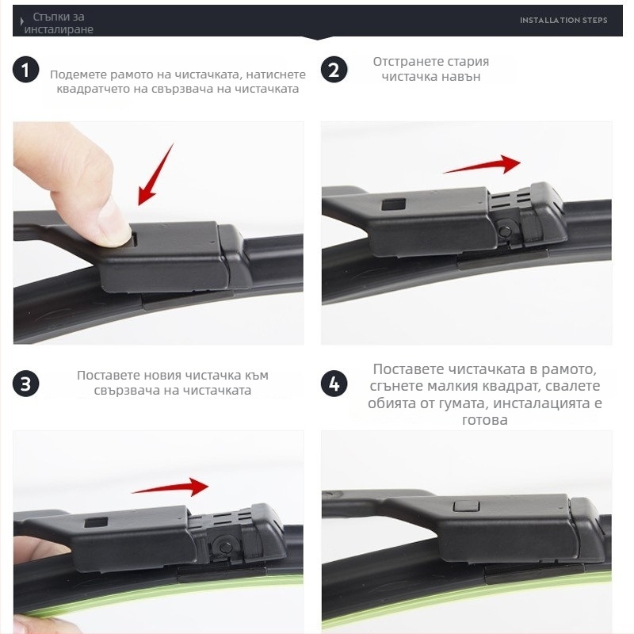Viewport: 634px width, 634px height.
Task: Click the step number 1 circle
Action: click(x=26, y=70)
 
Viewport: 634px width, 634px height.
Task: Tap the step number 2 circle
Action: click(x=334, y=70)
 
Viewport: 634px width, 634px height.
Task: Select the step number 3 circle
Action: click(x=26, y=384)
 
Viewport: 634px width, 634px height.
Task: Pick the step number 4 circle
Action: click(x=334, y=384)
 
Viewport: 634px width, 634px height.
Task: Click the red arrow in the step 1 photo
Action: click(x=155, y=174)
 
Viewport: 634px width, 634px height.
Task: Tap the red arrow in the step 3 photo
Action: click(x=170, y=487)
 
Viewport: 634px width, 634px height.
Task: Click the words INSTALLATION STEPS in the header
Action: click(x=563, y=21)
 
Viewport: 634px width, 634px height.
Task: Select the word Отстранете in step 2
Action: click(x=403, y=62)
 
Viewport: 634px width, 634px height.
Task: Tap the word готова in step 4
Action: click(x=485, y=420)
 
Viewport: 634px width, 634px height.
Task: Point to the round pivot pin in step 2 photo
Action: click(x=504, y=231)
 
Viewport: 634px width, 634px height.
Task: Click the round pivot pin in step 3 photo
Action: click(x=226, y=547)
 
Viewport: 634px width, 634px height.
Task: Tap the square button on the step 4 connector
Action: click(x=466, y=506)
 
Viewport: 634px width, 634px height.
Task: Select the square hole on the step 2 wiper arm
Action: click(x=393, y=204)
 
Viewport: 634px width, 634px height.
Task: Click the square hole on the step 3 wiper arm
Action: click(x=96, y=522)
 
